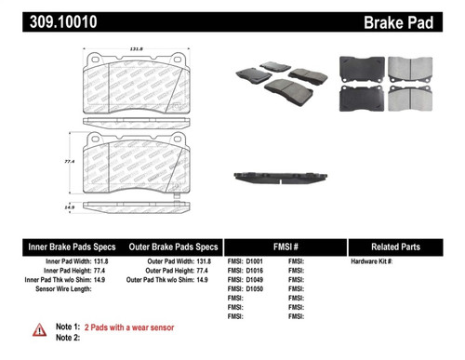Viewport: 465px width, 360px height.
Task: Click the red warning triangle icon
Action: pos(39,328)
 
